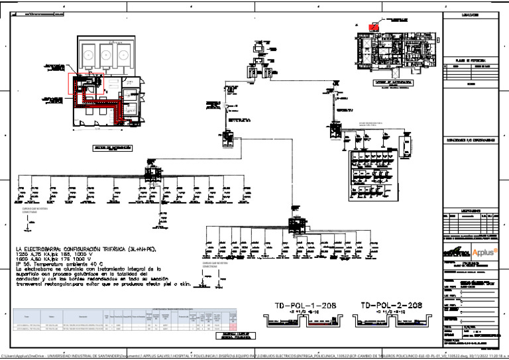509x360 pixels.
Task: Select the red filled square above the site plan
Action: pyautogui.click(x=374, y=28)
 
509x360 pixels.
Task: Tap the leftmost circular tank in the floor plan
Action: pyautogui.click(x=87, y=52)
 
